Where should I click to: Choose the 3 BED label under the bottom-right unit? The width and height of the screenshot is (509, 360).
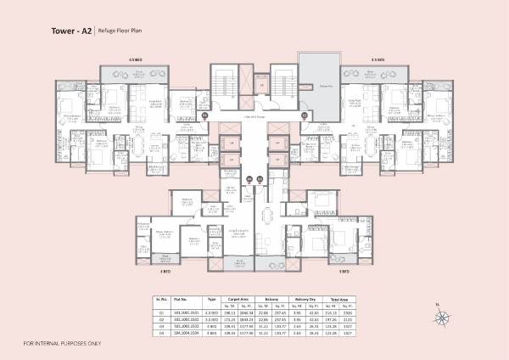click(344, 273)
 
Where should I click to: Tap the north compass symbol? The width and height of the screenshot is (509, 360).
click(441, 318)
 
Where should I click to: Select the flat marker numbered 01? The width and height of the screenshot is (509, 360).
click(204, 115)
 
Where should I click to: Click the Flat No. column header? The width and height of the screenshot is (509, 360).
click(180, 299)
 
